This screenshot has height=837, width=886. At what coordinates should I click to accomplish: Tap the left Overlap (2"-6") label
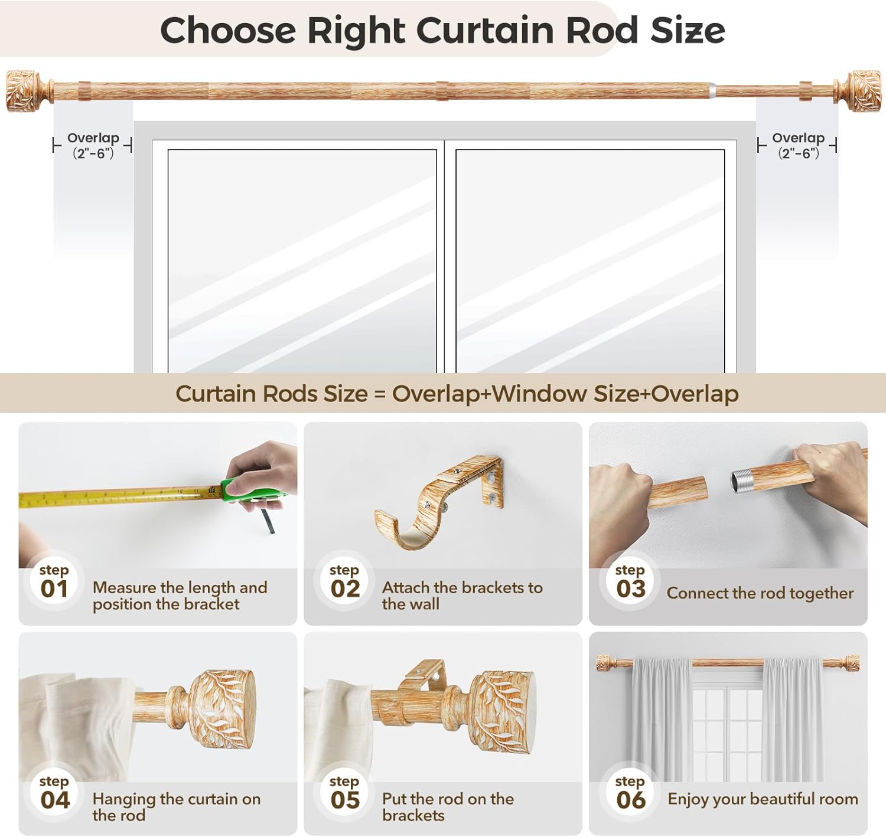[93, 145]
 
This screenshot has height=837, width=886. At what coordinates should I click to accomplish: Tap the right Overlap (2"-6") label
[798, 145]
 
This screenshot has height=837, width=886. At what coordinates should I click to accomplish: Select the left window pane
[302, 260]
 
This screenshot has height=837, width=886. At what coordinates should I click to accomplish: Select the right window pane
[590, 260]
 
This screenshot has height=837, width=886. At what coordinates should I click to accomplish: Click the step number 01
[54, 588]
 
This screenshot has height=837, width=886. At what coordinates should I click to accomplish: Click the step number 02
[345, 588]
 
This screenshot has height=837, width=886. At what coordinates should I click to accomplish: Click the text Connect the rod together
[760, 593]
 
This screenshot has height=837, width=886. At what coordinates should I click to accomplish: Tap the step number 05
[345, 800]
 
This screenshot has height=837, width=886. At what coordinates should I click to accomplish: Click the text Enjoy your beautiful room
[763, 799]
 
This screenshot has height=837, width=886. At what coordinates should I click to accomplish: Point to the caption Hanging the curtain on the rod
[176, 807]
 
